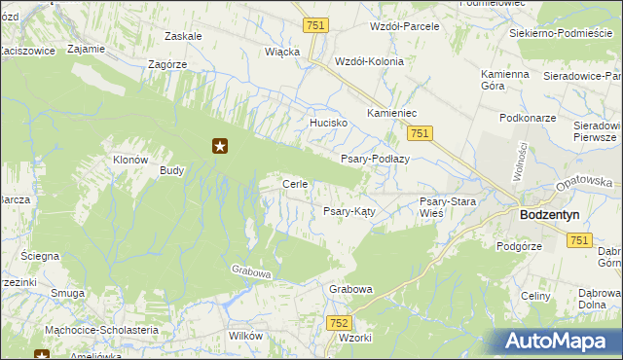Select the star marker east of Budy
pos(220,147)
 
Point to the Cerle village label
pos(295,184)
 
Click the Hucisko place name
pos(329,124)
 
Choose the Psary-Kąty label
pos(349,210)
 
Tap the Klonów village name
pos(130,160)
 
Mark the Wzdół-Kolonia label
pos(368,60)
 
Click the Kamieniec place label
pos(392,114)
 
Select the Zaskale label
pos(184,36)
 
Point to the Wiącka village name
pos(282,52)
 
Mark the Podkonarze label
pos(526,118)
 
